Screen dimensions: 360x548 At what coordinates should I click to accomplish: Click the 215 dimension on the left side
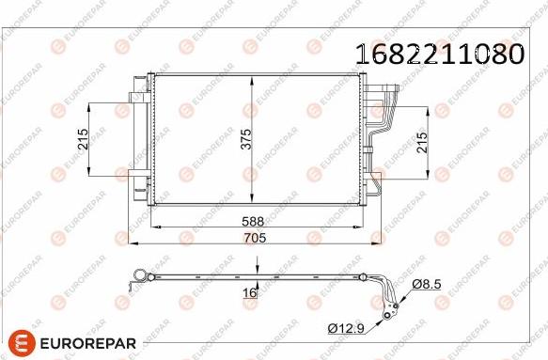click(x=83, y=141)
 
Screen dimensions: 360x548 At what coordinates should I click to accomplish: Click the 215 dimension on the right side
click(x=422, y=143)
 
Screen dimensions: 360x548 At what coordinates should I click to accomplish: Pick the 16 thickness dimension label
click(x=249, y=294)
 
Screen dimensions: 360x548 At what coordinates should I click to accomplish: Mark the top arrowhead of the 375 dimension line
click(x=255, y=77)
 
